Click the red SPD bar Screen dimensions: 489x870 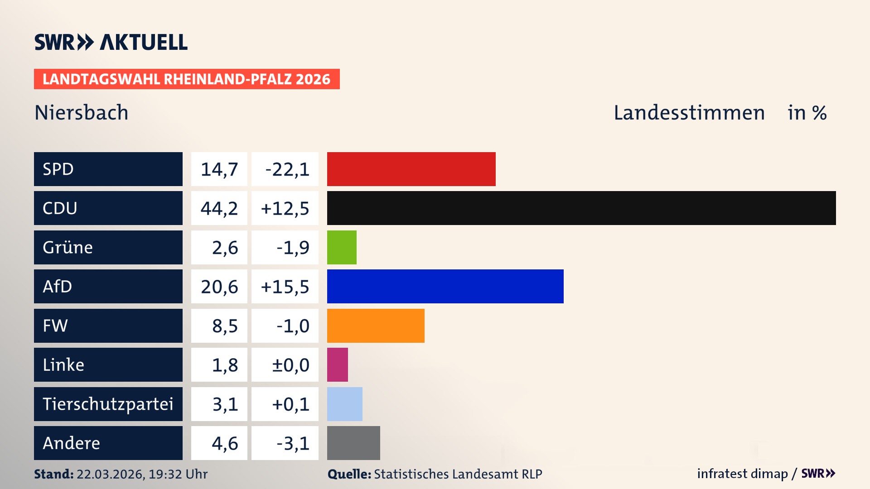tap(411, 169)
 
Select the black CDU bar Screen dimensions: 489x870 tap(581, 208)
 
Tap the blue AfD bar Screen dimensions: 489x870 tap(445, 286)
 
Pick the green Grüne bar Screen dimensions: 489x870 tap(342, 247)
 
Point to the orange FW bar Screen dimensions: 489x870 tap(376, 326)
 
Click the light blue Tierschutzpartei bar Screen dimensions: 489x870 tap(344, 404)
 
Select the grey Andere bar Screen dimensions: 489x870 tap(353, 443)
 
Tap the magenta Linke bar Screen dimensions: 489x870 tap(338, 364)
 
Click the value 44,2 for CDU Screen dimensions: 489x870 tap(219, 208)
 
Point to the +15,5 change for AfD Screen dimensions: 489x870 tap(285, 287)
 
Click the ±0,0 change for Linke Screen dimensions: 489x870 tap(290, 365)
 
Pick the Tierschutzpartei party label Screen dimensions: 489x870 tap(108, 404)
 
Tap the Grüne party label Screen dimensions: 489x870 tap(68, 247)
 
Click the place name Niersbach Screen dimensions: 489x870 tap(82, 113)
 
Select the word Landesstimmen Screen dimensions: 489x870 tap(689, 113)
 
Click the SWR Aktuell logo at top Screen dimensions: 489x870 tap(111, 42)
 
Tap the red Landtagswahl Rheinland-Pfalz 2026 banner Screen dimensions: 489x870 tap(187, 79)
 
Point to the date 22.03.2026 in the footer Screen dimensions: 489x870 tap(110, 474)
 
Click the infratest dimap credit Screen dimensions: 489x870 tap(742, 474)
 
